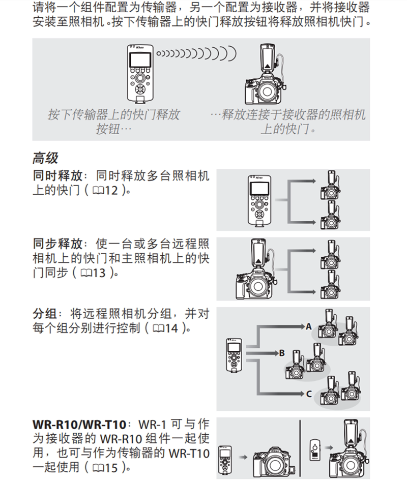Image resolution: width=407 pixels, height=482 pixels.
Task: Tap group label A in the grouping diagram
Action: tap(308, 326)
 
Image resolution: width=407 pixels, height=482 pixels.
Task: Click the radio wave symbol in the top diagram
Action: tap(196, 52)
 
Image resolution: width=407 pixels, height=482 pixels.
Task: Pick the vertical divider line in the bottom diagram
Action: tap(300, 447)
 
